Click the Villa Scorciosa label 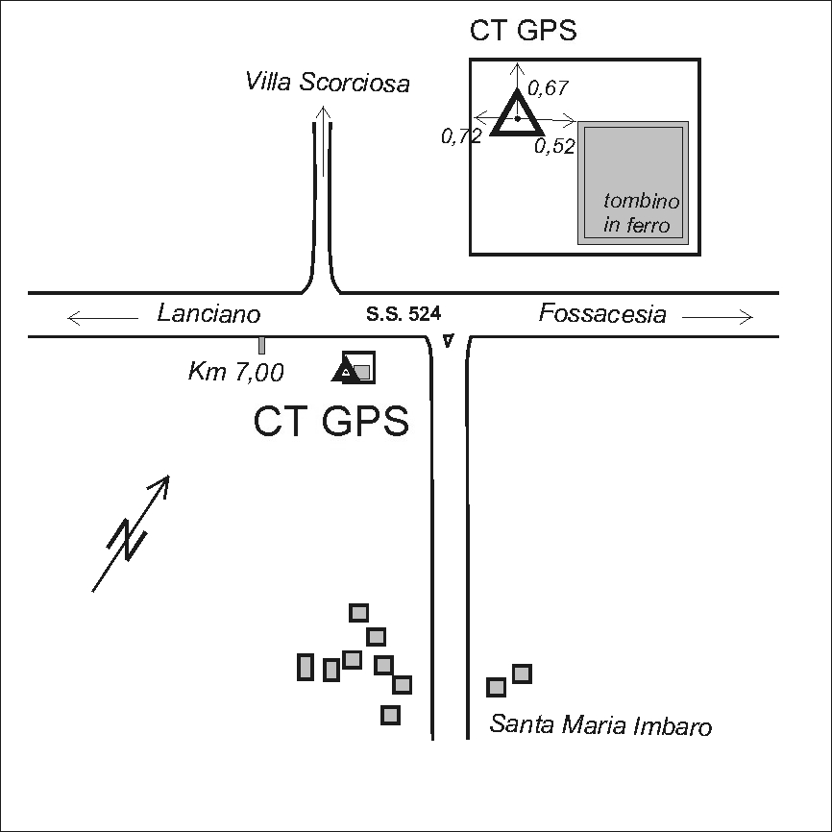point(328,83)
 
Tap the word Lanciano point(208,313)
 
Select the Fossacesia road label point(601,313)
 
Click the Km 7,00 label point(234,373)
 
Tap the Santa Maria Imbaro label point(600,725)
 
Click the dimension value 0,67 point(550,88)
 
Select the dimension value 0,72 point(461,137)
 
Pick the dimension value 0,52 point(554,146)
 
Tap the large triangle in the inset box point(517,115)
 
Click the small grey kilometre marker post point(261,346)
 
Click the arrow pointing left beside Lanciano point(102,316)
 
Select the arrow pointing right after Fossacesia point(718,315)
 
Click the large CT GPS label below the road point(331,422)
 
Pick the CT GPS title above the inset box point(523,30)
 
